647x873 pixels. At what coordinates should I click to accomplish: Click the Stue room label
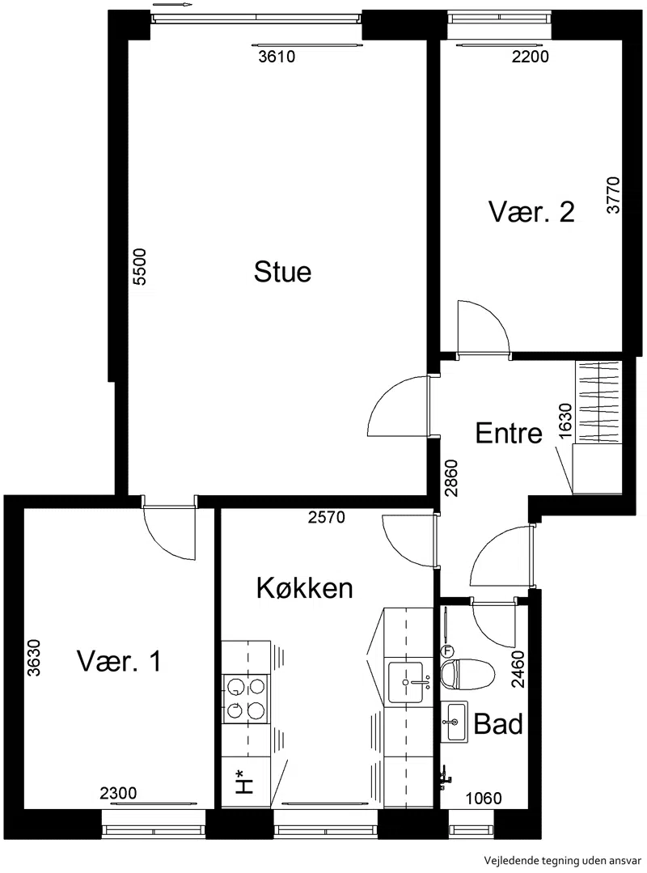282,272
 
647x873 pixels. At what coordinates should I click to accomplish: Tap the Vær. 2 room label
531,211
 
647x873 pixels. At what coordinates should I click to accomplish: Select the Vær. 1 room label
119,661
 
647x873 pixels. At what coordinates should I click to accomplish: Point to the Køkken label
304,587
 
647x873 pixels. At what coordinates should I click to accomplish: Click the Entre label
509,433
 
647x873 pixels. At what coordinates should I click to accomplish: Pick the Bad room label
498,724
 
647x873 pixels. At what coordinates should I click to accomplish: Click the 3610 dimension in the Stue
277,57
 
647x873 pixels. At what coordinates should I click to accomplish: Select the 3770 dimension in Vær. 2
612,195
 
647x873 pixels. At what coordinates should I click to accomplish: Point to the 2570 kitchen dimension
327,517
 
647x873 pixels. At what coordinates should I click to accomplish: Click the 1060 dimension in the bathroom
484,799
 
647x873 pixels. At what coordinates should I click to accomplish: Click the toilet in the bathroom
466,674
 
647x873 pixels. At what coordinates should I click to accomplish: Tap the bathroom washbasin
455,723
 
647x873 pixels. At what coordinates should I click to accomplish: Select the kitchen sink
409,682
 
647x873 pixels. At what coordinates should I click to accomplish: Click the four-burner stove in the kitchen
245,698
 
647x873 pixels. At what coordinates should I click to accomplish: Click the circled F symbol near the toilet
447,651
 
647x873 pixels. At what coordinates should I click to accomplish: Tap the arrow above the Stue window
172,5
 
